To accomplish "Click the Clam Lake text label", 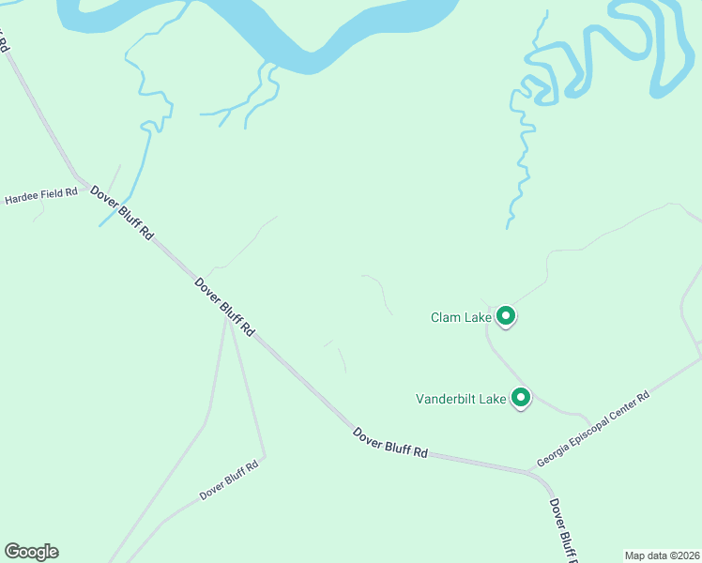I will click(461, 317).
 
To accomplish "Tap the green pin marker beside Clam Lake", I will click(506, 316).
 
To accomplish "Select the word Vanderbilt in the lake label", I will click(446, 399).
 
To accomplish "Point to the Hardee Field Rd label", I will click(40, 196).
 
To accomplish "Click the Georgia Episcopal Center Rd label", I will click(593, 430).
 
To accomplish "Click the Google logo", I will click(31, 552).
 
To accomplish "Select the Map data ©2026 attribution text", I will click(661, 555).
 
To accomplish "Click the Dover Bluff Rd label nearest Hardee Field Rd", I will click(122, 212).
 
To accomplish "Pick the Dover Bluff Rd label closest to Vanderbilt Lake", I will click(390, 442).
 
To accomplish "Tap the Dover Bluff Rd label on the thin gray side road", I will click(229, 480).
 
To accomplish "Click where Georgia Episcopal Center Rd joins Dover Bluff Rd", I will click(527, 469).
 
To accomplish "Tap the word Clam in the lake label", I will click(445, 317).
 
